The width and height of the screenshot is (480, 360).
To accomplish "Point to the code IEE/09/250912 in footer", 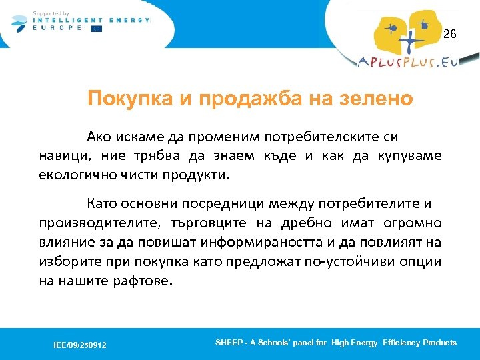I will coord(80,345).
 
